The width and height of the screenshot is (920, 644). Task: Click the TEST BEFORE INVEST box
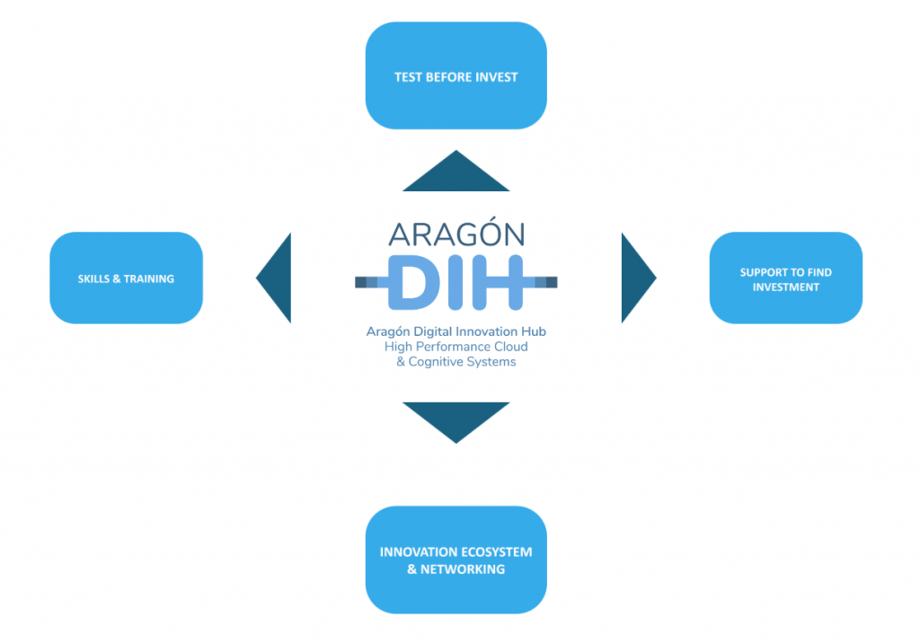click(x=456, y=75)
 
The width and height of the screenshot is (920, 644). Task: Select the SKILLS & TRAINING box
click(x=126, y=278)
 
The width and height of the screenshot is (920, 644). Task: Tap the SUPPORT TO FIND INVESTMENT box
click(x=785, y=278)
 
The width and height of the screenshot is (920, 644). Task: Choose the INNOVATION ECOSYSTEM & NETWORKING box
click(x=456, y=560)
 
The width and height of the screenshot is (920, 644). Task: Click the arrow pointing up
click(x=456, y=175)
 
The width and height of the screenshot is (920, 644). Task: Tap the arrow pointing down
click(x=456, y=419)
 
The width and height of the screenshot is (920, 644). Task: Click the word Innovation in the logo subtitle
click(x=486, y=331)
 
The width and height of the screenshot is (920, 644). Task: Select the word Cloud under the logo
click(x=510, y=347)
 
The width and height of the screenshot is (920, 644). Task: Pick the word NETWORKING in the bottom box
click(x=463, y=569)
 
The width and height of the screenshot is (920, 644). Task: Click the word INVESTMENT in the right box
click(x=785, y=287)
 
